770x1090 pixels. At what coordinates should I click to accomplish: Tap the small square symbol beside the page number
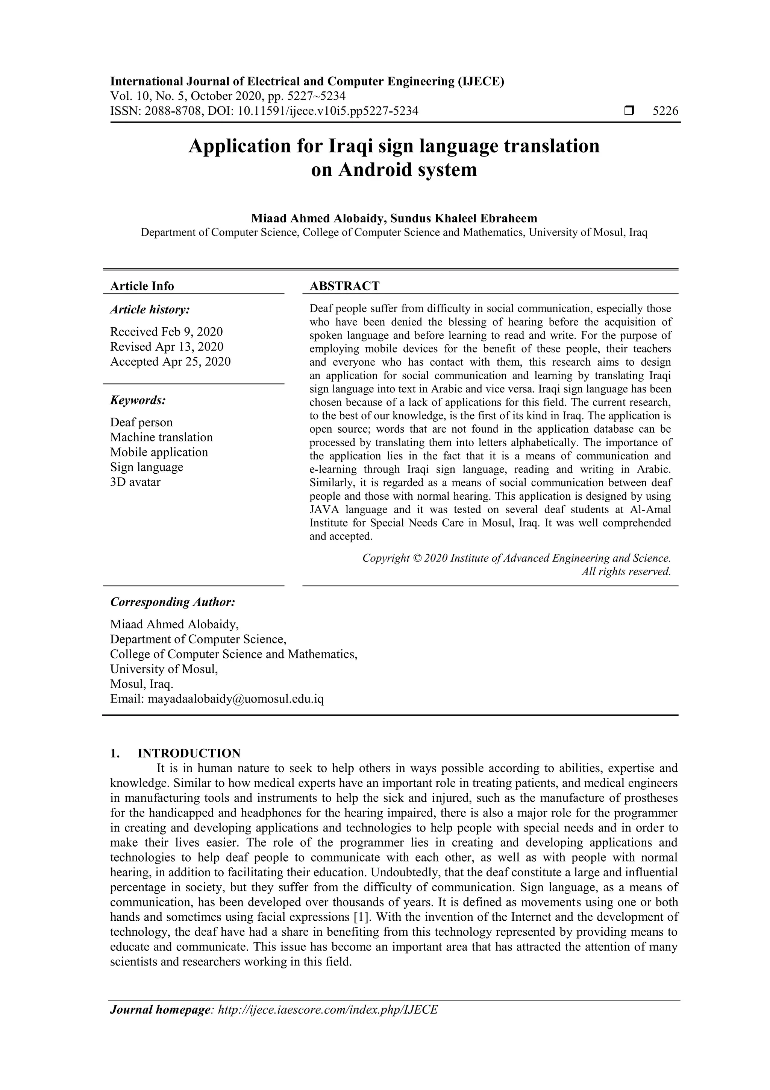point(629,111)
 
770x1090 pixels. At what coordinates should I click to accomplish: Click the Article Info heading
point(142,286)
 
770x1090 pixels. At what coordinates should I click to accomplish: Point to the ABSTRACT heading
point(344,286)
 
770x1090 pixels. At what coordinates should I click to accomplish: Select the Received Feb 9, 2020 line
point(166,331)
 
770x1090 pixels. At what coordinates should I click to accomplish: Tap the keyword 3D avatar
point(135,482)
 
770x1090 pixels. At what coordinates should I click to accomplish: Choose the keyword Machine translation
point(161,437)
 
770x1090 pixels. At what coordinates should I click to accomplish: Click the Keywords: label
point(138,400)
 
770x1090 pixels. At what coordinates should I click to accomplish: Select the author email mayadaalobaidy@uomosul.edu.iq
point(236,699)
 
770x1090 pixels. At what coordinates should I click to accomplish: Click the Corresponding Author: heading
point(173,602)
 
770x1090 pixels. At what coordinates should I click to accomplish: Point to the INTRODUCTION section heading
point(189,753)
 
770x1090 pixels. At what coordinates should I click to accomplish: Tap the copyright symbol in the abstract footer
point(417,558)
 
